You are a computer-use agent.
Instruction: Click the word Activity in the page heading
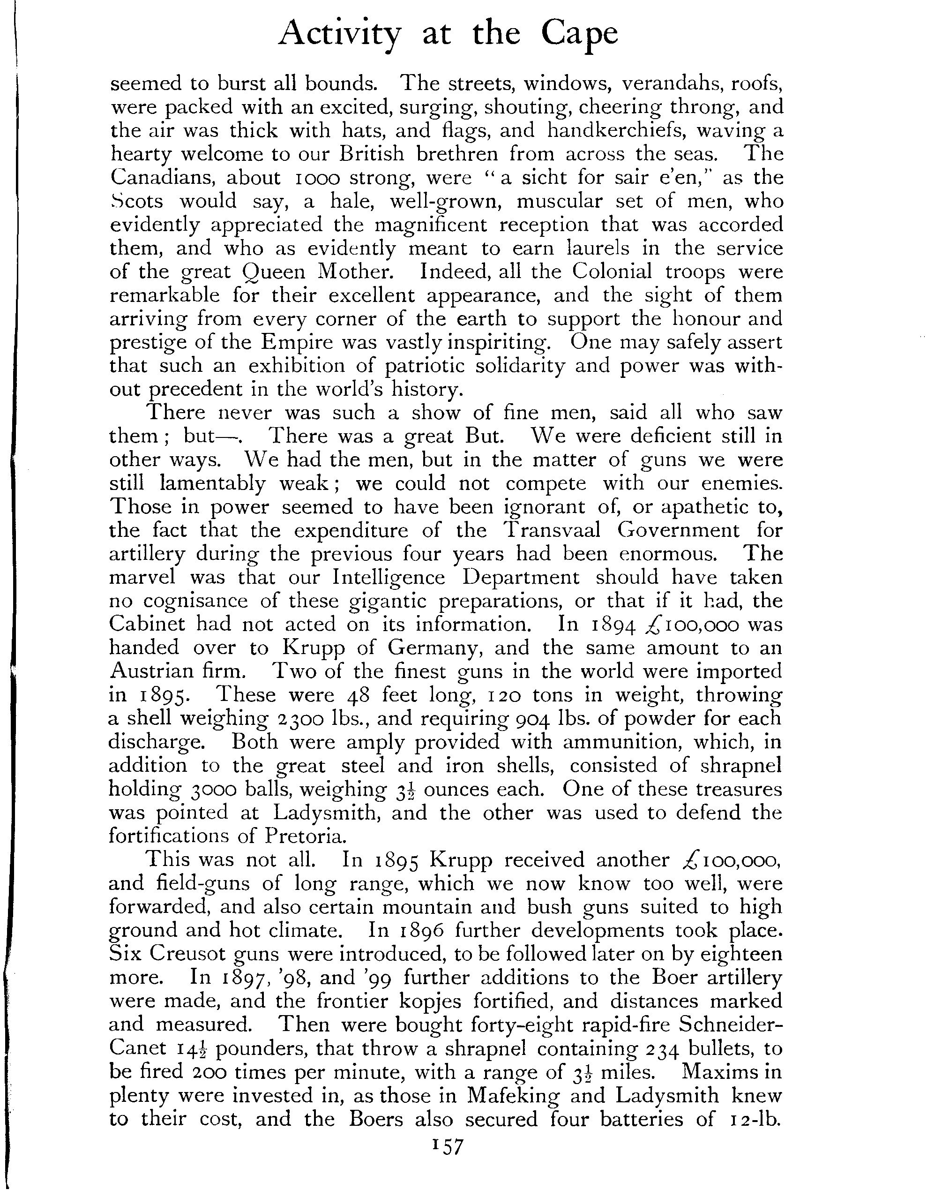(x=339, y=34)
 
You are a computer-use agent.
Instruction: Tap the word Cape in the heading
(x=580, y=34)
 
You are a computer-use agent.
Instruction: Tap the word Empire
(x=297, y=342)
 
